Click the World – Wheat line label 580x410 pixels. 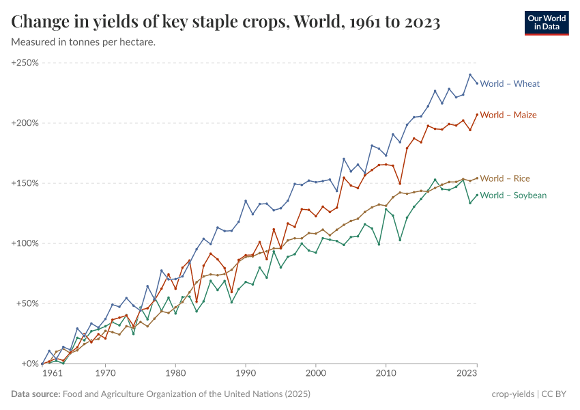pyautogui.click(x=510, y=84)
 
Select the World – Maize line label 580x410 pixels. pyautogui.click(x=508, y=115)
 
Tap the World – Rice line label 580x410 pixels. pyautogui.click(x=505, y=178)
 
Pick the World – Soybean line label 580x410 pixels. pyautogui.click(x=513, y=195)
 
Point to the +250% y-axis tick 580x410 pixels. pyautogui.click(x=25, y=63)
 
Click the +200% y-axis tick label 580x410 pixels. pyautogui.click(x=25, y=123)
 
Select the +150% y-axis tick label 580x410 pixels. pyautogui.click(x=25, y=183)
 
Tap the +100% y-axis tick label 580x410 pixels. pyautogui.click(x=25, y=243)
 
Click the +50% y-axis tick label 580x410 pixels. pyautogui.click(x=27, y=303)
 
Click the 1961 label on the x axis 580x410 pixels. pyautogui.click(x=53, y=374)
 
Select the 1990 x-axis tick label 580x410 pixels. pyautogui.click(x=246, y=374)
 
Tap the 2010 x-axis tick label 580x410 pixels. pyautogui.click(x=386, y=374)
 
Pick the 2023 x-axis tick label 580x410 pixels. pyautogui.click(x=467, y=374)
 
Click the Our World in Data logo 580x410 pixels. pyautogui.click(x=547, y=23)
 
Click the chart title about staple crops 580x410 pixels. pyautogui.click(x=225, y=23)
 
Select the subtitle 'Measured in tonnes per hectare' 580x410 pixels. pyautogui.click(x=83, y=42)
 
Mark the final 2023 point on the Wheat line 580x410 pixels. pyautogui.click(x=477, y=83)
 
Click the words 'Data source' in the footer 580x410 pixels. pyautogui.click(x=35, y=394)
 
